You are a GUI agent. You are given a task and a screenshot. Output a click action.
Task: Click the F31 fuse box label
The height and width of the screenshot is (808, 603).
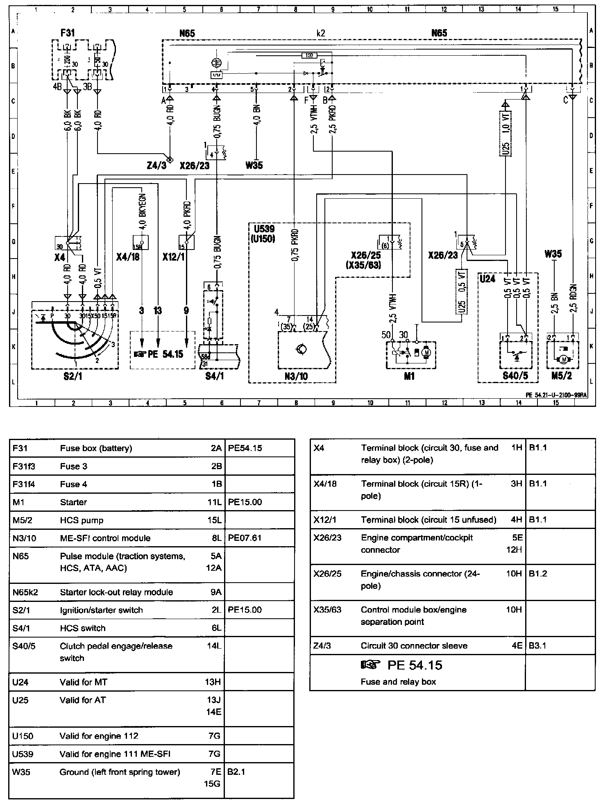tap(68, 32)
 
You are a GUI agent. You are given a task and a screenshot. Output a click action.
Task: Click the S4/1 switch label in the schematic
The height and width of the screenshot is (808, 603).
tap(215, 377)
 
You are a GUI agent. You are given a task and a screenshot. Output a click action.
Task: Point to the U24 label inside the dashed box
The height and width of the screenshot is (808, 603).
tap(487, 279)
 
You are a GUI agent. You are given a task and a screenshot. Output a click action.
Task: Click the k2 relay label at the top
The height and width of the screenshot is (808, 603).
tap(321, 33)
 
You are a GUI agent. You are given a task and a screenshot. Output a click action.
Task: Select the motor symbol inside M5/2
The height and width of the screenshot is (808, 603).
tap(563, 359)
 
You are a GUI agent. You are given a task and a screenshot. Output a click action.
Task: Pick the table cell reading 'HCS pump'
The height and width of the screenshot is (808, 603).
tap(82, 520)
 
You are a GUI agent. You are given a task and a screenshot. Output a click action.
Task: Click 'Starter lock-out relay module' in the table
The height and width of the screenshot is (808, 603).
tap(116, 592)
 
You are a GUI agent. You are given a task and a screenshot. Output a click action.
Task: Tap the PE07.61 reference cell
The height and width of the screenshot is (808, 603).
tap(245, 538)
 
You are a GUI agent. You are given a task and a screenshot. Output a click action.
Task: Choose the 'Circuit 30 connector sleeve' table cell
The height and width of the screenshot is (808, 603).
tap(414, 646)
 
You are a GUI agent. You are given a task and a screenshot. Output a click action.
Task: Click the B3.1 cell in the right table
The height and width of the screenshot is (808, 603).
tap(537, 646)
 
